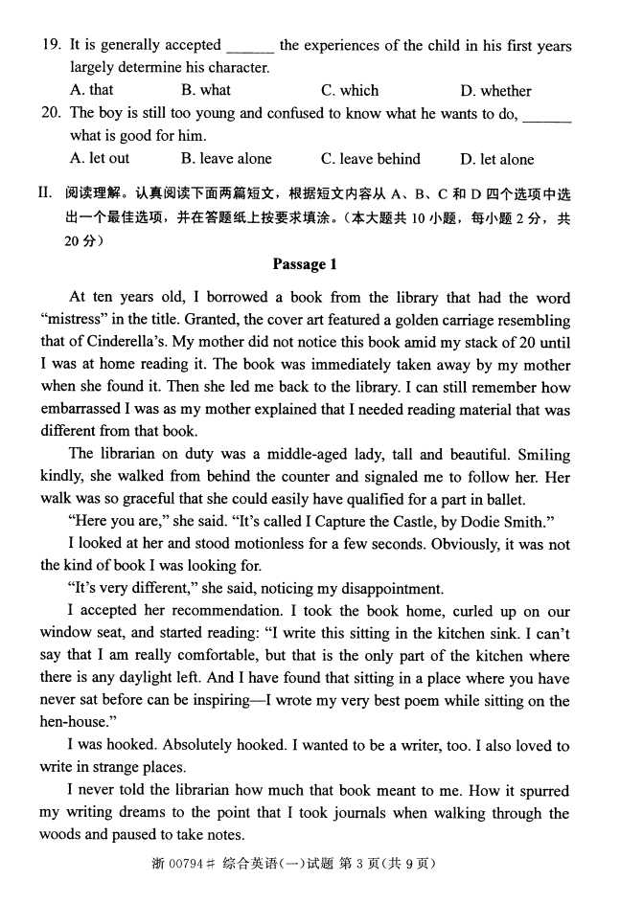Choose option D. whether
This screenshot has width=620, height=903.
click(495, 91)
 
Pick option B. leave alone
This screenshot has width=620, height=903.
click(226, 159)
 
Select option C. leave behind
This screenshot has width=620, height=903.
click(371, 159)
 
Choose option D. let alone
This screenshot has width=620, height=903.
click(497, 159)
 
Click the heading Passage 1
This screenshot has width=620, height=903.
click(305, 265)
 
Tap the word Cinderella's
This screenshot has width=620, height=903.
click(134, 343)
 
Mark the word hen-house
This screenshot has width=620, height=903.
click(74, 723)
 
